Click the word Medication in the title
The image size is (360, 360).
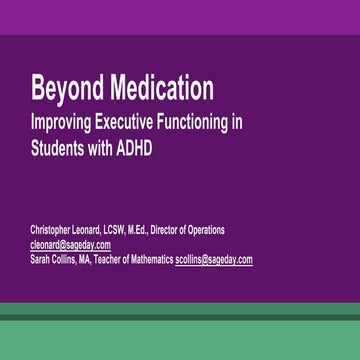157,89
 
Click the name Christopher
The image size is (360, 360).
56,230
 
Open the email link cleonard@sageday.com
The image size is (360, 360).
70,245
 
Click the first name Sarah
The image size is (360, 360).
42,259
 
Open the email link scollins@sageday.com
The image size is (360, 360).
214,259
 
